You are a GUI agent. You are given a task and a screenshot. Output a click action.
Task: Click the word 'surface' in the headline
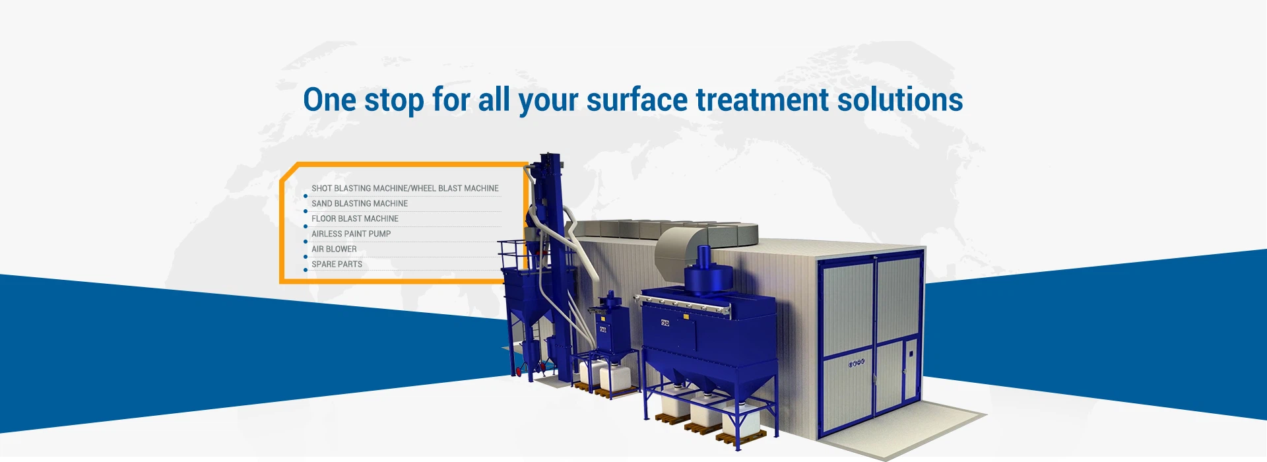[637, 100]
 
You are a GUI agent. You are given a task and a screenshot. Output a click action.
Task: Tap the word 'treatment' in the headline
[762, 100]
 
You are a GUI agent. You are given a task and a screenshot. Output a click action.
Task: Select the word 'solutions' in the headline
[900, 100]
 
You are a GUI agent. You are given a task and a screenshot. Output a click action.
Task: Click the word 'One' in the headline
[330, 100]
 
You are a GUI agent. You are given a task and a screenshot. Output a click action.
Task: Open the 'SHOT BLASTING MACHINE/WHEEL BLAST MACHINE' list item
[405, 188]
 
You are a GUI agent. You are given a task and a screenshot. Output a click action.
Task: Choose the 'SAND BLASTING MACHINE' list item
[360, 203]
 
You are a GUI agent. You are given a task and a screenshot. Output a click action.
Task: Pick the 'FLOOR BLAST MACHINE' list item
[355, 218]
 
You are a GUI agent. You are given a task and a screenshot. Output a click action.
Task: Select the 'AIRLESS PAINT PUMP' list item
[351, 234]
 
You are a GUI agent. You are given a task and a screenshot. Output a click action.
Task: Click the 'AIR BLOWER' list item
[334, 249]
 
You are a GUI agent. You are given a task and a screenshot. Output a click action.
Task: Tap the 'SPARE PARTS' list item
[337, 264]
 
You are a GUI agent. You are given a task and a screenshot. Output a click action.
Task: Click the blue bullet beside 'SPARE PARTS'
[305, 270]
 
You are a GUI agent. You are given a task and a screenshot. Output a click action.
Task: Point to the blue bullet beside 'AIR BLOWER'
[305, 257]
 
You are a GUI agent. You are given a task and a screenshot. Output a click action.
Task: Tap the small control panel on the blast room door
[856, 363]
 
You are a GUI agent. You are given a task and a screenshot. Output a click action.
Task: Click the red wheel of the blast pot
[519, 372]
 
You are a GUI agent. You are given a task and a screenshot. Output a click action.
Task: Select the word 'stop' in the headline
[394, 100]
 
